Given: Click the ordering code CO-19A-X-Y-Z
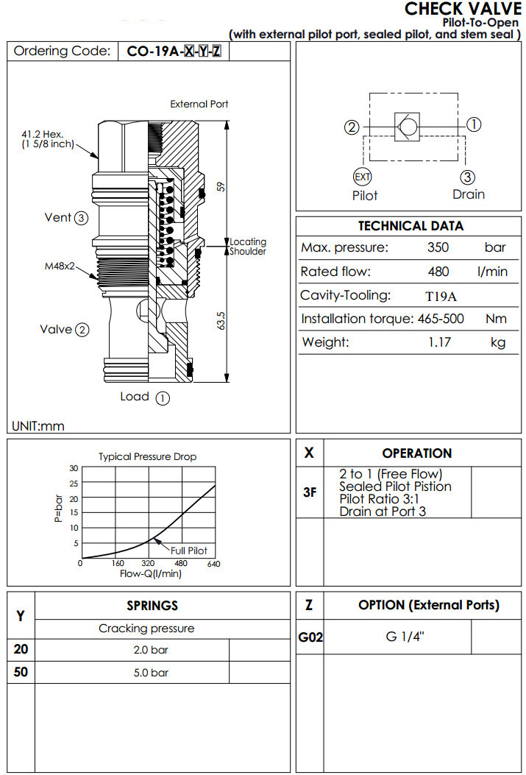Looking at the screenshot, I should [x=174, y=52].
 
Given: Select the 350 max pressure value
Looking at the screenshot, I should [x=438, y=248].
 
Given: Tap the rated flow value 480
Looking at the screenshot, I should [x=438, y=272].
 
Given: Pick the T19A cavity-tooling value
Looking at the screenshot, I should [x=441, y=296].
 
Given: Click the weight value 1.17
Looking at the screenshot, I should [x=439, y=342].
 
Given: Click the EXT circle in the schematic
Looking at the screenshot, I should [x=363, y=177].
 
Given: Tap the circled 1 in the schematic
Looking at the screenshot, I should [x=475, y=124].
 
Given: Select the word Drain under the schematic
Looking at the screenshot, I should [x=469, y=194].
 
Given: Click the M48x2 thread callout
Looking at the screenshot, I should [x=60, y=266].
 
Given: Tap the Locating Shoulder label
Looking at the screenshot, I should [x=248, y=247].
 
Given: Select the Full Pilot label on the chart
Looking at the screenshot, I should [x=189, y=551].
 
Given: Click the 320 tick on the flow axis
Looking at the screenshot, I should [x=147, y=565].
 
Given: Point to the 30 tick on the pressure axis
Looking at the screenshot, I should [x=73, y=468].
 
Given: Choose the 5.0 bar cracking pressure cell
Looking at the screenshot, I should [x=150, y=673].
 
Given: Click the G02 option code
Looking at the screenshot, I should [x=310, y=638].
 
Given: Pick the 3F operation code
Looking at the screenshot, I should [x=310, y=492].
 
